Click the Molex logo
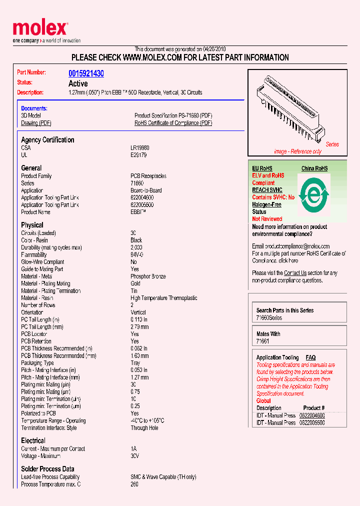(40, 28)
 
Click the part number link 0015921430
(86, 73)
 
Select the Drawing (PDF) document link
(36, 123)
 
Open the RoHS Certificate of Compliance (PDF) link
(173, 123)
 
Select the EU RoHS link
(262, 168)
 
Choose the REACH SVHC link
(267, 190)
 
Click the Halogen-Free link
(266, 204)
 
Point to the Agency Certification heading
(47, 140)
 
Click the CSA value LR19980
(140, 148)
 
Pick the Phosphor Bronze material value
(148, 276)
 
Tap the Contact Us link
(295, 273)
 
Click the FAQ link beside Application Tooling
(310, 357)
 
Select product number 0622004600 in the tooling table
(312, 415)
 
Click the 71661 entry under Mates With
(262, 341)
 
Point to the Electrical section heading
(33, 440)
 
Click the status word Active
(78, 83)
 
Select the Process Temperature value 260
(134, 484)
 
